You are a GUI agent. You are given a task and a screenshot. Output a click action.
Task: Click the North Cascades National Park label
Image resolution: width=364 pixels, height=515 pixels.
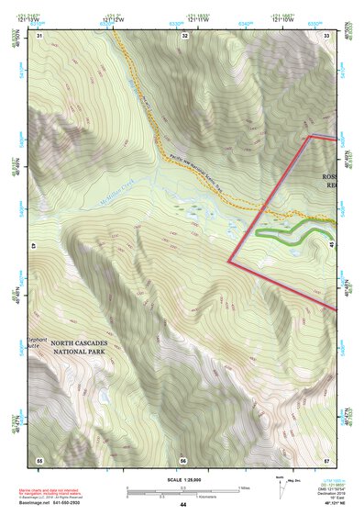[80, 345]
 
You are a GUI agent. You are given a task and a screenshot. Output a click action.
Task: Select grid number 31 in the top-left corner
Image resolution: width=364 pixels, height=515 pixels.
[39, 35]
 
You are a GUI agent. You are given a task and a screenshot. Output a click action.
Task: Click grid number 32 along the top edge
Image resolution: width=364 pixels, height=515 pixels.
[184, 35]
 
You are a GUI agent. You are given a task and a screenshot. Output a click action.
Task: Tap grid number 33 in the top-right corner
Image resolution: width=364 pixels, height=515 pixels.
[327, 35]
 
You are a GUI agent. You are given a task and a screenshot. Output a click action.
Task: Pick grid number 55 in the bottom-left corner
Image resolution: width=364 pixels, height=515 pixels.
[39, 459]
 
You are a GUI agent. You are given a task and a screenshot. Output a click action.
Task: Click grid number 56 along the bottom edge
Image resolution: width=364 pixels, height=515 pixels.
[183, 459]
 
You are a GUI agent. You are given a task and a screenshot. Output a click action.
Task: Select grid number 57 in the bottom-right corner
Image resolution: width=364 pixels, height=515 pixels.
[327, 459]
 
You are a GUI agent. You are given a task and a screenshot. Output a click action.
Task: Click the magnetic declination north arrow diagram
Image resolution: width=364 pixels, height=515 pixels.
[281, 484]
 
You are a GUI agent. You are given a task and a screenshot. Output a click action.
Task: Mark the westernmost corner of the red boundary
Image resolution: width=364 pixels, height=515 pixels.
[228, 262]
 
